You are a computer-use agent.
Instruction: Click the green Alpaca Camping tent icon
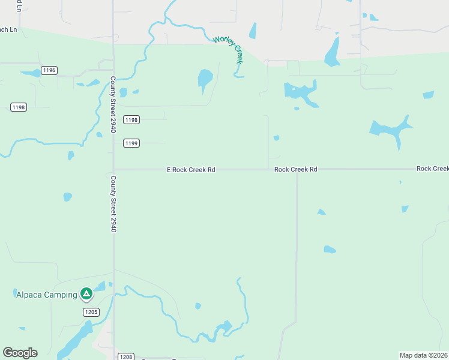(x=86, y=293)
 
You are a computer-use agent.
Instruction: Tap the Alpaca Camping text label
(x=46, y=294)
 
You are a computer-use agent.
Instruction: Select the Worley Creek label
(x=229, y=50)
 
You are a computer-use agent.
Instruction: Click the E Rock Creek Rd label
(x=191, y=170)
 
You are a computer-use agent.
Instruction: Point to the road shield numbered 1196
(x=49, y=70)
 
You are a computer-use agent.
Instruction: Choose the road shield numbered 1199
(x=131, y=143)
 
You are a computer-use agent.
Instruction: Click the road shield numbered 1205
(x=91, y=312)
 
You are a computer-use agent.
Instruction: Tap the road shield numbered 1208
(x=125, y=356)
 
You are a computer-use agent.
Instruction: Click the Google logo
(x=20, y=352)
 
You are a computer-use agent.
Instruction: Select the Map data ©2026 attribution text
(x=424, y=355)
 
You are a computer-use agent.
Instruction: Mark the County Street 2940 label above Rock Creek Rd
(x=113, y=105)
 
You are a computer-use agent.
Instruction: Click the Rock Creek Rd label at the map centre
(x=295, y=170)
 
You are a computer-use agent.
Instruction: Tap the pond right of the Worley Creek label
(x=253, y=31)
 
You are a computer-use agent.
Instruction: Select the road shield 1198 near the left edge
(x=19, y=107)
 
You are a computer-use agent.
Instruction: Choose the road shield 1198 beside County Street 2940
(x=131, y=119)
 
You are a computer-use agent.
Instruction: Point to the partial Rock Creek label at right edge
(x=432, y=169)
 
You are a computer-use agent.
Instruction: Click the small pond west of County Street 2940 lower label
(x=67, y=197)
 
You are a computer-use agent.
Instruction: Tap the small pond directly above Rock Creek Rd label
(x=276, y=138)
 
